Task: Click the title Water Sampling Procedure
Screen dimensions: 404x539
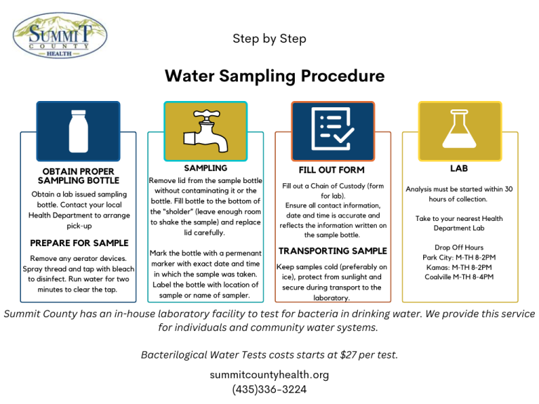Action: tap(274, 76)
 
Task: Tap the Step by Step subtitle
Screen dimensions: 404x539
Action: tap(269, 39)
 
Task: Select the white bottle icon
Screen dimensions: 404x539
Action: tap(78, 131)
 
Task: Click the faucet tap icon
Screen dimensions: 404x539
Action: tap(205, 130)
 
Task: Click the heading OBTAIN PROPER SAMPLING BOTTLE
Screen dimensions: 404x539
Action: tap(78, 176)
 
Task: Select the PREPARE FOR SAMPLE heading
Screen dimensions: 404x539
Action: tap(79, 243)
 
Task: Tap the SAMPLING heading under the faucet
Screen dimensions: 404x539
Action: tap(205, 168)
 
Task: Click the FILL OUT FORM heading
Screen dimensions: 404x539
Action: tap(332, 170)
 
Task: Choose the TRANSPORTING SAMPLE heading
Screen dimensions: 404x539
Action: tap(332, 251)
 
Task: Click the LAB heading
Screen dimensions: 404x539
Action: tap(459, 168)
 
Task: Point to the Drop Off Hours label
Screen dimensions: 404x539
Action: tap(459, 248)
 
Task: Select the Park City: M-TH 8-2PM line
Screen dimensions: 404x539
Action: tap(459, 257)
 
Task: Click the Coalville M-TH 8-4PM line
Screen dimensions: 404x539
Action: tap(459, 277)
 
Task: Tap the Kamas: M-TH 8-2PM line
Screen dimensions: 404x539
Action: tap(459, 267)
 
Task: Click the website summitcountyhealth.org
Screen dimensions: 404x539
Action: tap(269, 375)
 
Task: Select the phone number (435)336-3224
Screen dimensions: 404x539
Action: tap(269, 389)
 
